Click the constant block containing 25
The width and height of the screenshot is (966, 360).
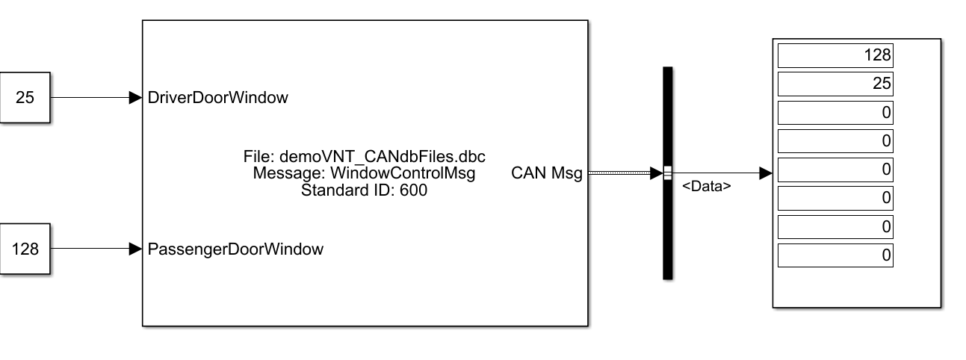click(25, 97)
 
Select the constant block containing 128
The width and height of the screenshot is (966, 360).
click(25, 249)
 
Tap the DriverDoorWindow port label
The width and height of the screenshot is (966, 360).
click(218, 97)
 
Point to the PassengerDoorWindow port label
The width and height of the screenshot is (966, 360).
click(236, 249)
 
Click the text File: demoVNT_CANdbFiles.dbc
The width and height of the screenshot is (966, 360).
click(365, 157)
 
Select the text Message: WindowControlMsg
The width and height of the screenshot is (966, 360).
click(365, 173)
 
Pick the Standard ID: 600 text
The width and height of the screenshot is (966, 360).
click(365, 190)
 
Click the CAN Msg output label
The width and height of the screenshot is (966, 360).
click(547, 173)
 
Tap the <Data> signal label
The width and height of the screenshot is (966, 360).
click(706, 187)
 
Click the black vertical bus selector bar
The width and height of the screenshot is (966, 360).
click(668, 224)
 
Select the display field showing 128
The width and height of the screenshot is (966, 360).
click(835, 55)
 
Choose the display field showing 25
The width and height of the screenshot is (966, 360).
click(835, 84)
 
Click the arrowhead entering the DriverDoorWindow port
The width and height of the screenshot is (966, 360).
click(136, 97)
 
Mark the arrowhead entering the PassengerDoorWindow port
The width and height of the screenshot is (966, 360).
click(136, 249)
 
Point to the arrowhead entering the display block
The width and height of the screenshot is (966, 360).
click(765, 173)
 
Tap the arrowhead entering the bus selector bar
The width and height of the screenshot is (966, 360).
click(656, 173)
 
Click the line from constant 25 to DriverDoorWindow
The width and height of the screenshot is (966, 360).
click(90, 97)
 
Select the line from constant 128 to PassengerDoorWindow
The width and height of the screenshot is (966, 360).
click(90, 249)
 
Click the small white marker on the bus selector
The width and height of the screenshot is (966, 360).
click(668, 173)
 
